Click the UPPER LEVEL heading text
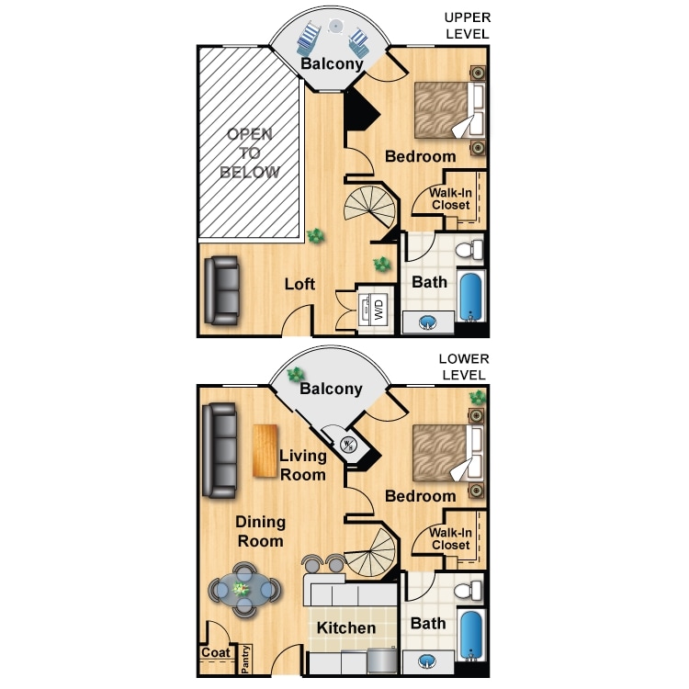pos(467,26)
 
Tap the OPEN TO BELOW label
pos(249,153)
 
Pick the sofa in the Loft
pos(221,290)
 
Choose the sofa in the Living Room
pos(220,451)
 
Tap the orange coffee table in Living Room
pos(265,451)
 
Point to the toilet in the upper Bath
pos(471,249)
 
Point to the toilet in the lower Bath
pos(471,590)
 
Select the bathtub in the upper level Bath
pos(470,296)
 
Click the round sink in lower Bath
pos(428,661)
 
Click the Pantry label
pos(245,659)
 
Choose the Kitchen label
pos(346,628)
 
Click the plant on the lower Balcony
pos(296,375)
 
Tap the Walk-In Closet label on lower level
pos(450,538)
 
